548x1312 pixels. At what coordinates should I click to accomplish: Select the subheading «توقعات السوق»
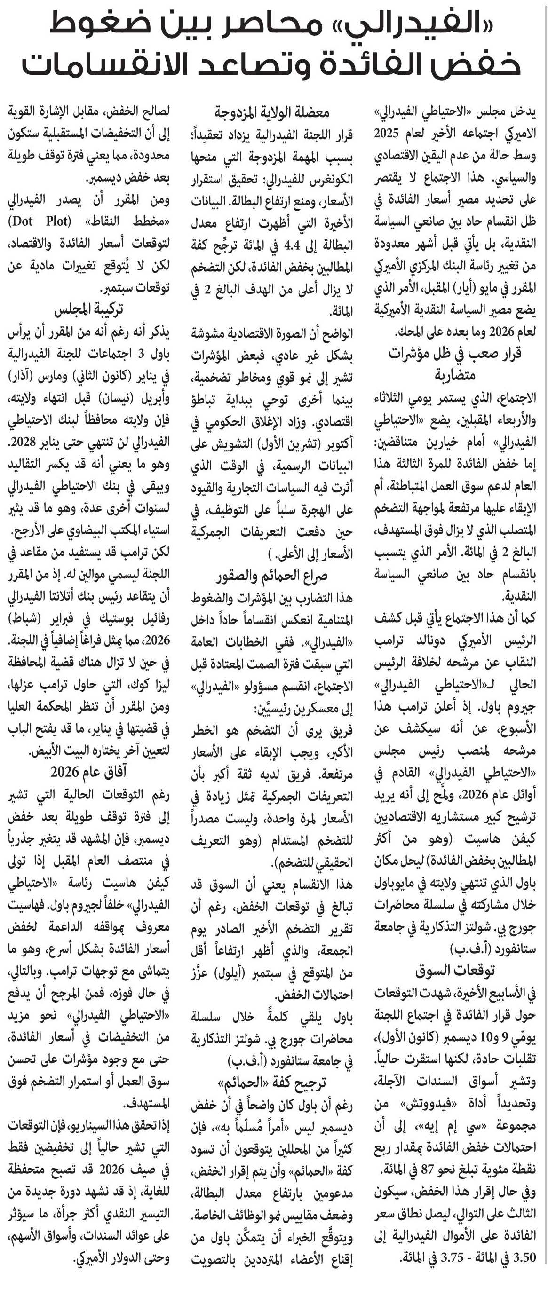455,970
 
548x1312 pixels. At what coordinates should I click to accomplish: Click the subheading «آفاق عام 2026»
88,772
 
